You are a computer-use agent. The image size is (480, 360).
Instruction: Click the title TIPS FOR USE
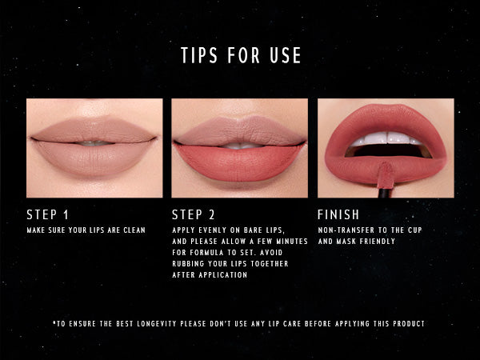click(x=241, y=55)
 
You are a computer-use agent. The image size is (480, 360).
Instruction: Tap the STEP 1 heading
click(x=47, y=214)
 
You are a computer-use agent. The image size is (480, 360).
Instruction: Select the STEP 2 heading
click(x=193, y=214)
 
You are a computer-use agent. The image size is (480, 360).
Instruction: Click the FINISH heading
click(x=338, y=214)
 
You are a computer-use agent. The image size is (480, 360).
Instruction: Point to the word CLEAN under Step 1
click(x=134, y=230)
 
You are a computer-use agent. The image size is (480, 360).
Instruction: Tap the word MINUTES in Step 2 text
click(x=292, y=242)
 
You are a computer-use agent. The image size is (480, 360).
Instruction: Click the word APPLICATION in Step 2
click(x=223, y=275)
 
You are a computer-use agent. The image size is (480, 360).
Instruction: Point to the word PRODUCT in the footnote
click(x=409, y=323)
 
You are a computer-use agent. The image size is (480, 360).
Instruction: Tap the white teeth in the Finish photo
click(x=386, y=138)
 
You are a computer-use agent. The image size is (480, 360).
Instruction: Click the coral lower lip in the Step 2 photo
click(x=239, y=162)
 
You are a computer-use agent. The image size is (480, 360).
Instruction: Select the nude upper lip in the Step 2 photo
click(x=240, y=130)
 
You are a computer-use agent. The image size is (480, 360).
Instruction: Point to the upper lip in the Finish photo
click(x=386, y=121)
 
